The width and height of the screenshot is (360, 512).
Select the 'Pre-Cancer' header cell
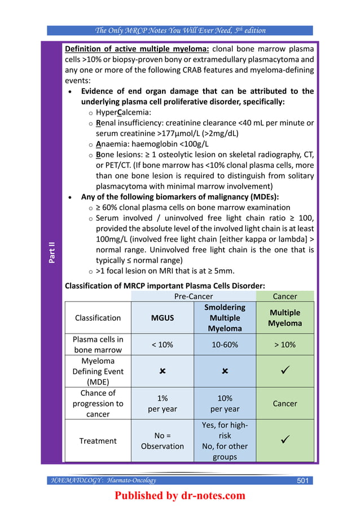pyautogui.click(x=194, y=296)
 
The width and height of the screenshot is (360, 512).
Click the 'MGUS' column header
pyautogui.click(x=162, y=318)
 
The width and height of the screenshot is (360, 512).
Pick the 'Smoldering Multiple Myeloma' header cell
pyautogui.click(x=225, y=318)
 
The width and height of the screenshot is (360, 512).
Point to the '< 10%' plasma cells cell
pyautogui.click(x=162, y=344)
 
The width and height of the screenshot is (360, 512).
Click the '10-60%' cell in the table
pyautogui.click(x=225, y=344)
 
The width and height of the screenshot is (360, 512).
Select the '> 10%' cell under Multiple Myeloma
pyautogui.click(x=285, y=344)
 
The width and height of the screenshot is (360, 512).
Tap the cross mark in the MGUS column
pyautogui.click(x=162, y=371)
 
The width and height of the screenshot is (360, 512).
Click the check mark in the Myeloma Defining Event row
pyautogui.click(x=285, y=371)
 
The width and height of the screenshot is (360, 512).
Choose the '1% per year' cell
pyautogui.click(x=162, y=404)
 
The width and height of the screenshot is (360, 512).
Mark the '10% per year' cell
pyautogui.click(x=225, y=404)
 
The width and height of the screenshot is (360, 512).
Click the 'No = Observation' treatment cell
pyautogui.click(x=162, y=440)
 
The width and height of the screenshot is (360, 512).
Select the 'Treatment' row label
pyautogui.click(x=98, y=441)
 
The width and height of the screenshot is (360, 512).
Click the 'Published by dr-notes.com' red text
pyautogui.click(x=180, y=496)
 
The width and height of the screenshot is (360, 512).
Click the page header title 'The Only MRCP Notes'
pyautogui.click(x=180, y=30)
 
